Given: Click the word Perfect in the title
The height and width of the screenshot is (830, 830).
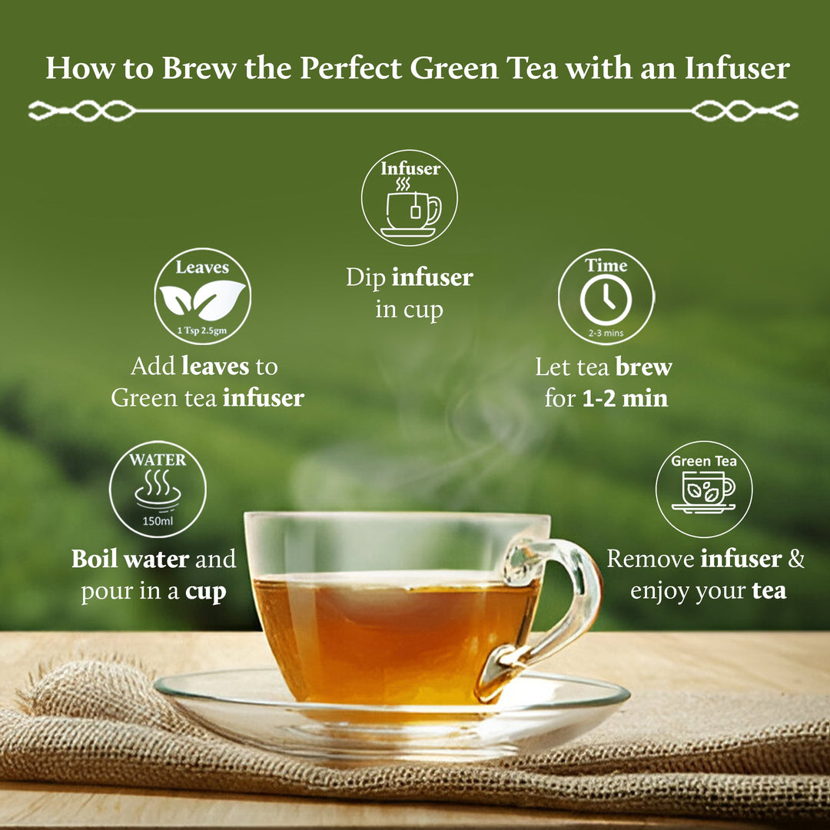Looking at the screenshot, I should [x=350, y=68].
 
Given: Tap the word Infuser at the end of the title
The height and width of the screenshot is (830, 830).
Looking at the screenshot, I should [x=737, y=68].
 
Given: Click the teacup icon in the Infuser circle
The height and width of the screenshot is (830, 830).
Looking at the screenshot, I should [x=411, y=209].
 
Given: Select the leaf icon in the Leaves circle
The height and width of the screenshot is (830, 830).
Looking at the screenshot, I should [x=201, y=300].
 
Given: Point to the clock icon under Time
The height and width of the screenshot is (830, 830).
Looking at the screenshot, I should [x=606, y=300].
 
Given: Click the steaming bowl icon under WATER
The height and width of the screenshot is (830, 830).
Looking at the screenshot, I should [x=158, y=493].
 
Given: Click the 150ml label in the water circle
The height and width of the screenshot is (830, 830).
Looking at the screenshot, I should [x=158, y=520].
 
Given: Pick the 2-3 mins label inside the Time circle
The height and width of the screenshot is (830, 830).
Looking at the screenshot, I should [x=606, y=334].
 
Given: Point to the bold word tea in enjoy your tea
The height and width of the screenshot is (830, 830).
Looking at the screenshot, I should [x=769, y=591].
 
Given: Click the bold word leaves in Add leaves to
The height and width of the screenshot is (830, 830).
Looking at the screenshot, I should [x=216, y=366].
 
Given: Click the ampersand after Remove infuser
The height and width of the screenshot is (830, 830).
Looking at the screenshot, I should [x=795, y=559].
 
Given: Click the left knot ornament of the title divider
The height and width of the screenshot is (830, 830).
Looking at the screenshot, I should [x=81, y=111].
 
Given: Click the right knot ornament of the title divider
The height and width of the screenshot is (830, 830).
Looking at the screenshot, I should [x=745, y=111].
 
